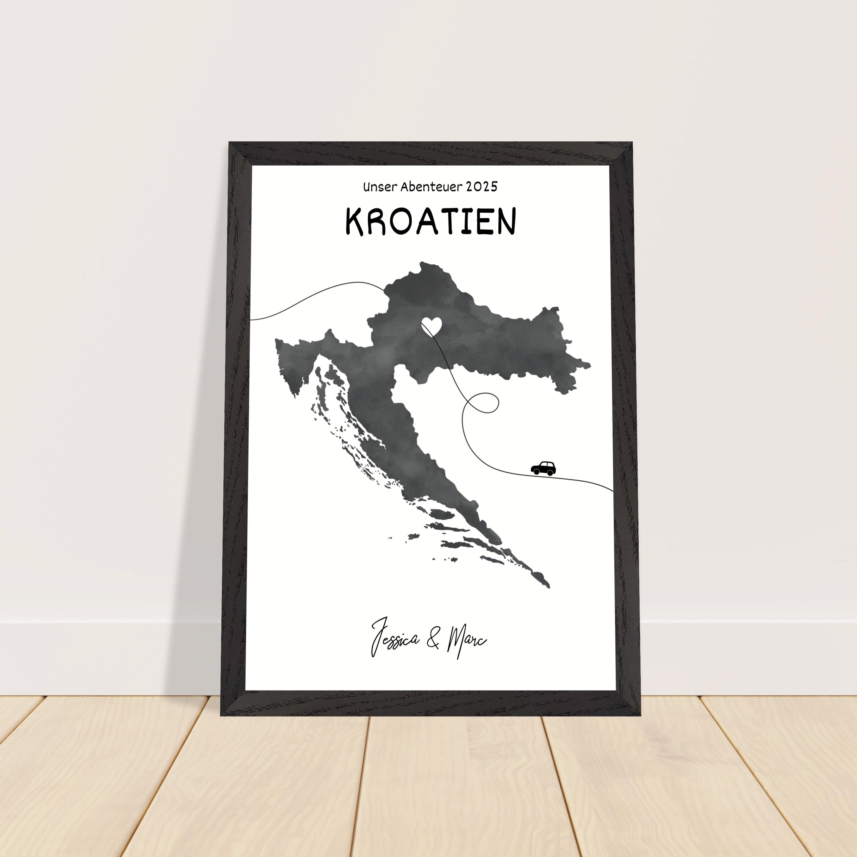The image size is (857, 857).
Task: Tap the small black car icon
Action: click(x=543, y=468)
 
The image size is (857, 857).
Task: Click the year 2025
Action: click(x=482, y=187)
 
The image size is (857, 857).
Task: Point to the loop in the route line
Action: click(x=484, y=402)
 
